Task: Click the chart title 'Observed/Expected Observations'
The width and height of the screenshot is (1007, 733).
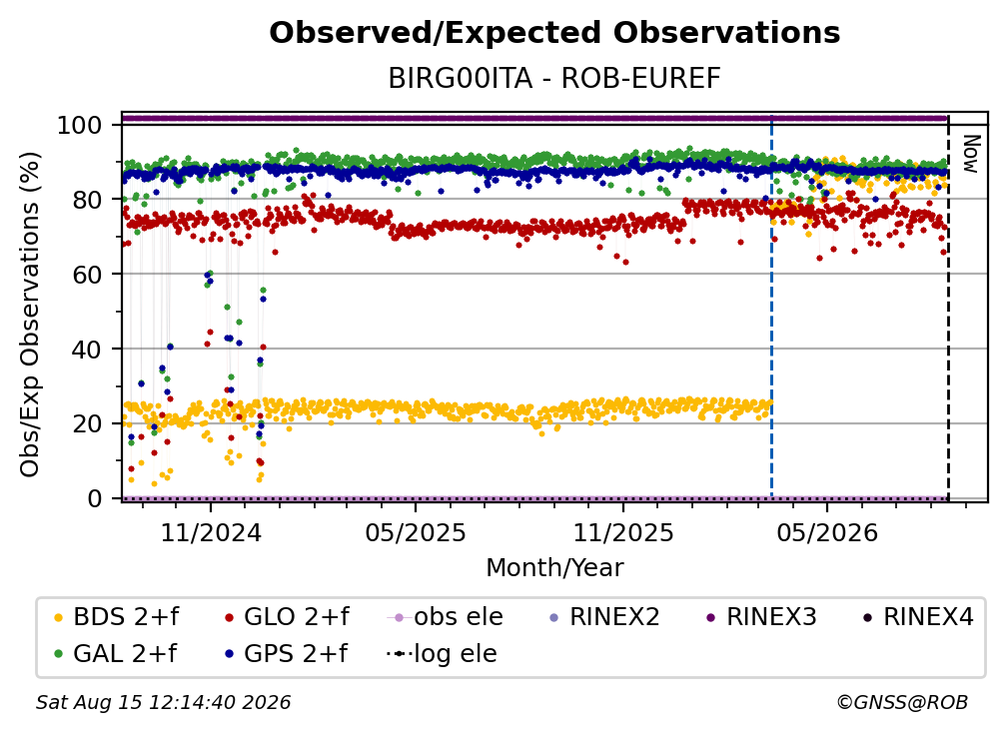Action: tap(554, 33)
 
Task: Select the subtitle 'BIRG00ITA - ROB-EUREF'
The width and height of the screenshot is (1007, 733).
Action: tap(554, 79)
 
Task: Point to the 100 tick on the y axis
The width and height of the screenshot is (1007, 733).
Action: tap(80, 125)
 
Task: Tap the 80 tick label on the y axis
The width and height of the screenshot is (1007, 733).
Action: tap(87, 200)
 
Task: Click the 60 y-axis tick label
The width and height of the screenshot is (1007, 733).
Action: tap(87, 275)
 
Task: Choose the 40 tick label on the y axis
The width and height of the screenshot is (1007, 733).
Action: tap(87, 350)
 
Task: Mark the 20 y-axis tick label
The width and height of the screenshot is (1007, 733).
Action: tap(87, 424)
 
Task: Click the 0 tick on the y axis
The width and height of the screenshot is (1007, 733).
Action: tap(95, 498)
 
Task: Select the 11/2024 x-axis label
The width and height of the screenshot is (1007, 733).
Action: tap(211, 532)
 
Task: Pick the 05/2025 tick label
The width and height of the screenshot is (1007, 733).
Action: tap(416, 532)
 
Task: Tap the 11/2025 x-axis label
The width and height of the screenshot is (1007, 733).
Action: tap(623, 532)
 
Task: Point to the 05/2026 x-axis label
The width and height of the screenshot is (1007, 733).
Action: tap(827, 532)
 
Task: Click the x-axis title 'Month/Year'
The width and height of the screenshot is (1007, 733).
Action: tap(554, 568)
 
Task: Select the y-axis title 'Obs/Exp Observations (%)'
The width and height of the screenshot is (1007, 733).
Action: tap(30, 314)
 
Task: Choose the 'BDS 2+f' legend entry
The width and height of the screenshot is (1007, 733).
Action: tap(116, 617)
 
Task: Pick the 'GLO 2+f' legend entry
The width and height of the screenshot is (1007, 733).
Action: tap(287, 617)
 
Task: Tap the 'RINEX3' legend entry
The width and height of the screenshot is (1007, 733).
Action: tap(761, 617)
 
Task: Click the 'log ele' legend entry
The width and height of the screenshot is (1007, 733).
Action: tap(442, 654)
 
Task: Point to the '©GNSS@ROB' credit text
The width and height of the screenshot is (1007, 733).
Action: tap(902, 703)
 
